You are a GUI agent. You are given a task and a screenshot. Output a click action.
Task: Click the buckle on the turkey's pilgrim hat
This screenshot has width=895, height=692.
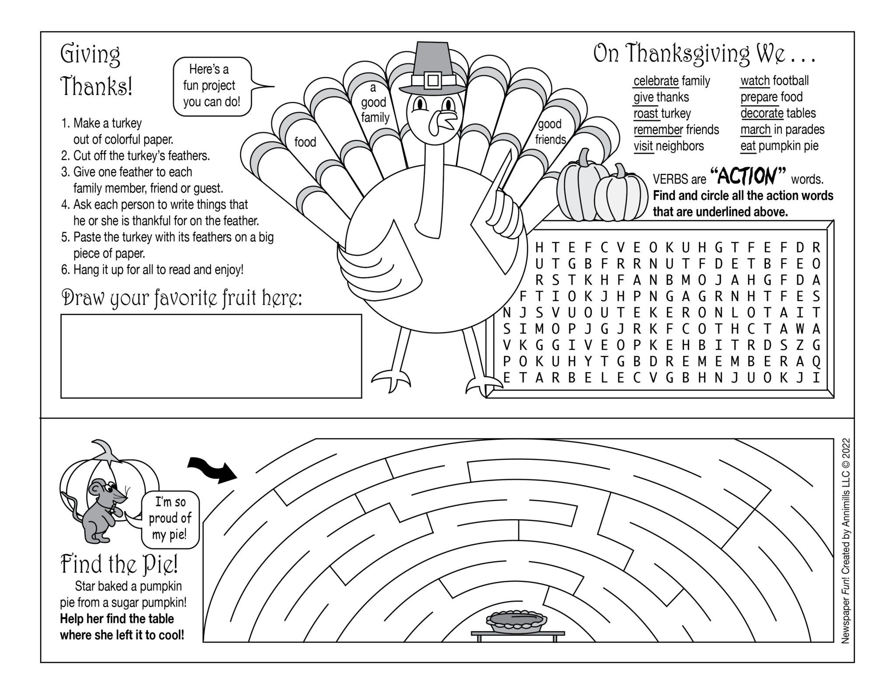tap(433, 80)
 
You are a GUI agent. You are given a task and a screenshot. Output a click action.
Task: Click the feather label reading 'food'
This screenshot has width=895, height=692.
tap(305, 142)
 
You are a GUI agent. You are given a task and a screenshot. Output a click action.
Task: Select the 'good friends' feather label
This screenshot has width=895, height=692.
tap(550, 132)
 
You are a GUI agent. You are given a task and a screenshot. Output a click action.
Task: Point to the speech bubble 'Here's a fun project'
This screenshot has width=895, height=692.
tap(212, 86)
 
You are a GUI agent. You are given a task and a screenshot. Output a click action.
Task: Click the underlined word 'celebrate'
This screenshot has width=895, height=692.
tap(656, 81)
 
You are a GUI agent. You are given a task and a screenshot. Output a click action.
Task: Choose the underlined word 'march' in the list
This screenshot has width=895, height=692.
tap(755, 130)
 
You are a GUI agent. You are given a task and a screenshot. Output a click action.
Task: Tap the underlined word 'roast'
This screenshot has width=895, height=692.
tap(646, 114)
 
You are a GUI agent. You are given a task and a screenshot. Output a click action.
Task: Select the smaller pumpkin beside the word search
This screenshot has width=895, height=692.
tap(621, 195)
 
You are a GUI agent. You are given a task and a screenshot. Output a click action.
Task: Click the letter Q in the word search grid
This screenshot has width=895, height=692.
tap(816, 362)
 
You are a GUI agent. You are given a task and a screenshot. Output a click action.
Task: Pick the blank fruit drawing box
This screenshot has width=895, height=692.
tap(211, 356)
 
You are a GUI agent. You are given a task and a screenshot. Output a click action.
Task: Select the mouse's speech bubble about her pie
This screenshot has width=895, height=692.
tap(170, 518)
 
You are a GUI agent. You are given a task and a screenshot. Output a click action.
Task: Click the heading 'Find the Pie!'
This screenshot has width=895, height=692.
tap(119, 564)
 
